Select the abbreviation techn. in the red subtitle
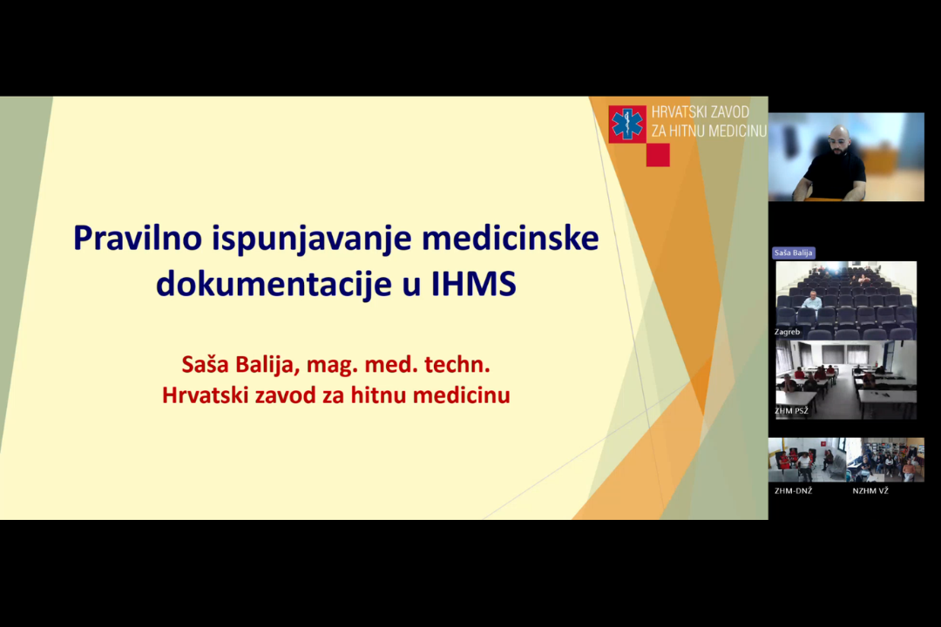[459, 363]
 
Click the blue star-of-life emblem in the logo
[627, 125]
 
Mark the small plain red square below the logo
[658, 155]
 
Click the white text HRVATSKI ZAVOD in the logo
[700, 112]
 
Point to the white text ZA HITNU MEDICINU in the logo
[708, 131]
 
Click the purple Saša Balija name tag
[793, 253]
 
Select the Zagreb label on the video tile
[787, 332]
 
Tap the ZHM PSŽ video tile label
[792, 410]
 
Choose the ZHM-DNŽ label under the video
[793, 490]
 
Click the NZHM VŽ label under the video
[870, 490]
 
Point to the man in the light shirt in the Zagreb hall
[812, 300]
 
